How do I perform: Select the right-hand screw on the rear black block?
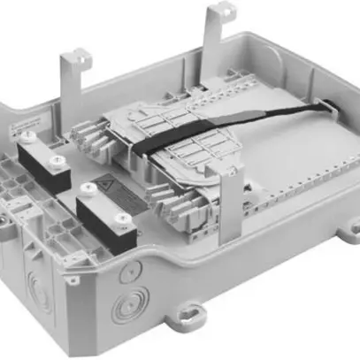click(58, 159)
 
